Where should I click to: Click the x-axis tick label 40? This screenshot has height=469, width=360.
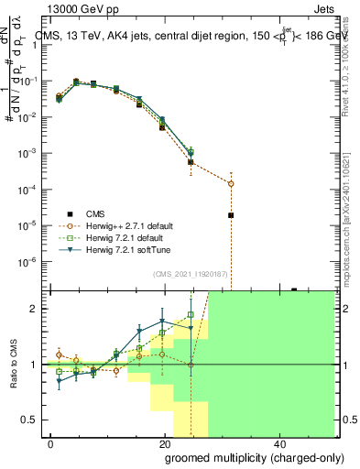[x=278, y=444]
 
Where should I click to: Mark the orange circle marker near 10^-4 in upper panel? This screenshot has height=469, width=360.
[x=231, y=183]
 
